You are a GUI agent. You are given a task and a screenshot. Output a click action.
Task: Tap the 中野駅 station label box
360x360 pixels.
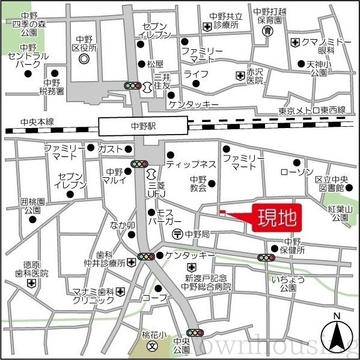143,127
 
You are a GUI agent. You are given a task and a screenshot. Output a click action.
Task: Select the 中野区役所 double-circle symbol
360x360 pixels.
84,59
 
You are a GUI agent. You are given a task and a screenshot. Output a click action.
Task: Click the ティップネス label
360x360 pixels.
191,163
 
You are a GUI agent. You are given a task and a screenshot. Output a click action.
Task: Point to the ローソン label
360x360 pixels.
297,172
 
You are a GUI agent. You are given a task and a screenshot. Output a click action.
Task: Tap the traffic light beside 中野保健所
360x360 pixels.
266,257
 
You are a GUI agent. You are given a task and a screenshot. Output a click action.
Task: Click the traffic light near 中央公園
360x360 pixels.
195,332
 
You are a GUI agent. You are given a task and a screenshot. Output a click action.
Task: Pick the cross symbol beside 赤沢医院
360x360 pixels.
239,75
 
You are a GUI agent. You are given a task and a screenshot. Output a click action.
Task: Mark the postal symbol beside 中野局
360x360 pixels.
177,233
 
